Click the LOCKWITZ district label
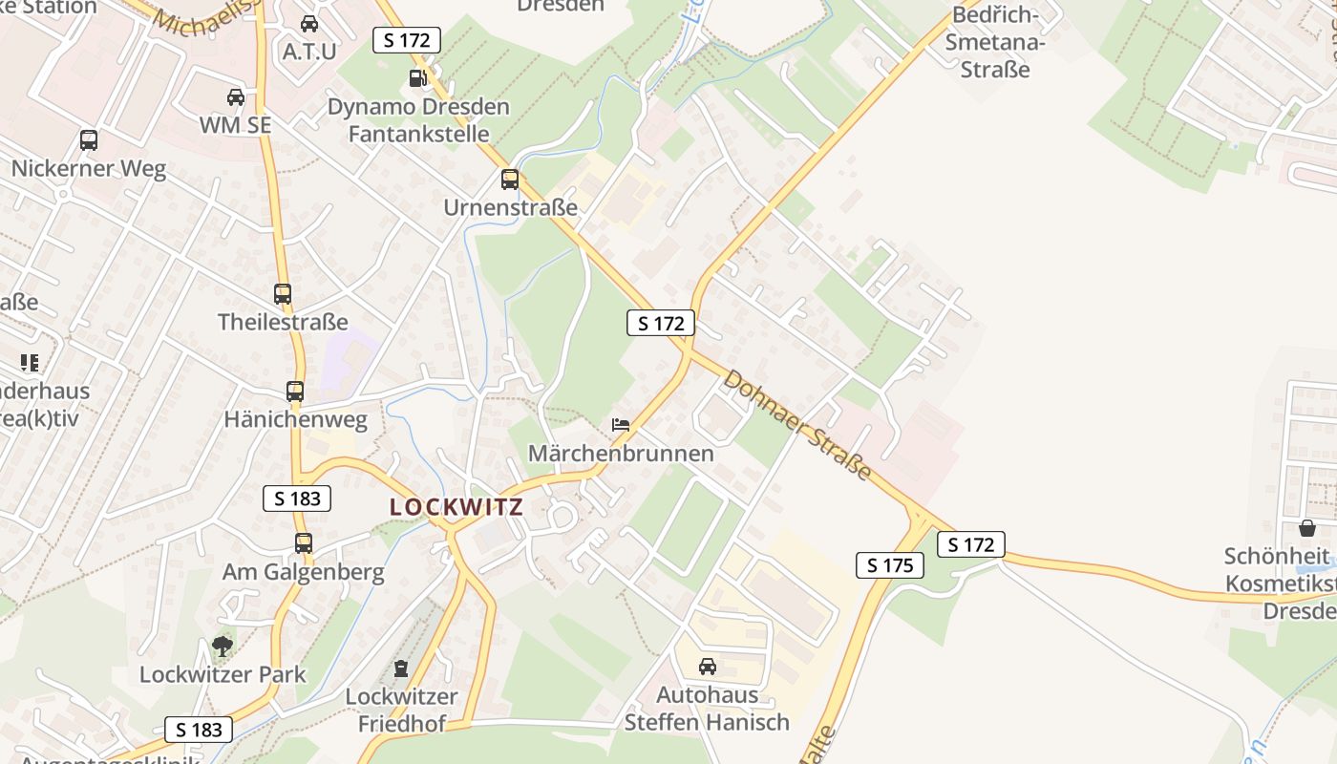[456, 507]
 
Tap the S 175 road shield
[890, 565]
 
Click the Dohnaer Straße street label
[797, 425]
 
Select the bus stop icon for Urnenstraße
[510, 180]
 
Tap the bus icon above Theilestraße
[283, 294]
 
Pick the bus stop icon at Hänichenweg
[295, 392]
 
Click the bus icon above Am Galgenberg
[304, 543]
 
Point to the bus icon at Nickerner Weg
[89, 140]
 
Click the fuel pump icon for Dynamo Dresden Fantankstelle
[417, 78]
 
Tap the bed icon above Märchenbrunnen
[621, 425]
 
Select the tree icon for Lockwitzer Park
[223, 647]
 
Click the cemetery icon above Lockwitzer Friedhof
[401, 668]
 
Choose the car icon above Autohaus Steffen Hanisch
[708, 667]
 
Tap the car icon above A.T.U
[309, 24]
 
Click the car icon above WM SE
[235, 97]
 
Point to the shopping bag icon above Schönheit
[1306, 528]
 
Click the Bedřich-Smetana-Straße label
[995, 43]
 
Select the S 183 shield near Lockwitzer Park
[199, 730]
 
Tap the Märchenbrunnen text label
[622, 453]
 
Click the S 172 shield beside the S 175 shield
[971, 545]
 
